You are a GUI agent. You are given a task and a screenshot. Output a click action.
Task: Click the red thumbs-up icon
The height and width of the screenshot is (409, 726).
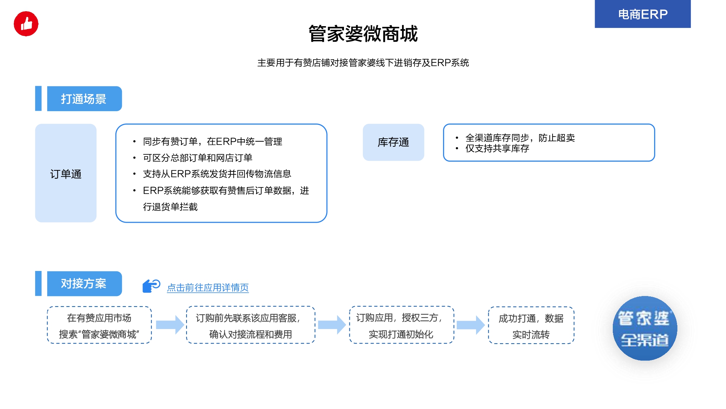[26, 24]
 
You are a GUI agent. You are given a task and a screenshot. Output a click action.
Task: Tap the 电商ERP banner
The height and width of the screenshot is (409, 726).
[643, 14]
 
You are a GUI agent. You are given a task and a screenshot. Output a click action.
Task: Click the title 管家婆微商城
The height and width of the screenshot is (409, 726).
[363, 34]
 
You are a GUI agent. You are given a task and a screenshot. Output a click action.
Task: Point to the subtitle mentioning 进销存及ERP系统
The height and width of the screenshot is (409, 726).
[363, 63]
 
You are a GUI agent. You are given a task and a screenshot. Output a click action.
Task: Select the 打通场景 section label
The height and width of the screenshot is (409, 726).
[84, 99]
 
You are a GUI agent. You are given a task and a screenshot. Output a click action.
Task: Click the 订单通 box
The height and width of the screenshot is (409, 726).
[66, 173]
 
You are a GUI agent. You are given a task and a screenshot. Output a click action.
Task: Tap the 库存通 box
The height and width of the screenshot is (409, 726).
[393, 142]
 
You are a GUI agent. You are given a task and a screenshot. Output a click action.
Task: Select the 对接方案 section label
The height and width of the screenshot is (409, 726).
[84, 284]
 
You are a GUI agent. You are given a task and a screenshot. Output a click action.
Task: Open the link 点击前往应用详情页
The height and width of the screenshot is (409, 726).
[208, 288]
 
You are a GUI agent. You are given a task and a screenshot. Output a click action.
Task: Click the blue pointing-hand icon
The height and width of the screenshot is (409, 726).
[151, 286]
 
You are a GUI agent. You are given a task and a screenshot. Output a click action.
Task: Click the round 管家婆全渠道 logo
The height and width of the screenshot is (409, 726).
[645, 328]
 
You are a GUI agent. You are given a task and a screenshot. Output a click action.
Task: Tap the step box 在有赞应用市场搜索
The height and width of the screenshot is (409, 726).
[99, 325]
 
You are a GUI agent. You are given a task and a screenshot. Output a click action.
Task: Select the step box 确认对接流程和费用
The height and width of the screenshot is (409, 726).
[251, 325]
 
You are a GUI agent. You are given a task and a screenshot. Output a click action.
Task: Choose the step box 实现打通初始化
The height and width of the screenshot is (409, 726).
[402, 325]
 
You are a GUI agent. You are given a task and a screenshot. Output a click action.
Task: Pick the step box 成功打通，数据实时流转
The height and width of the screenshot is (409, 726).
[531, 325]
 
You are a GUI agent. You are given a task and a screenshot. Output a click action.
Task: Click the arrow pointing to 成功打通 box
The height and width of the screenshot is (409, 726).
[471, 325]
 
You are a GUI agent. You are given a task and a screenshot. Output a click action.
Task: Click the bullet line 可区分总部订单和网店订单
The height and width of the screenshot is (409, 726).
[198, 158]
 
